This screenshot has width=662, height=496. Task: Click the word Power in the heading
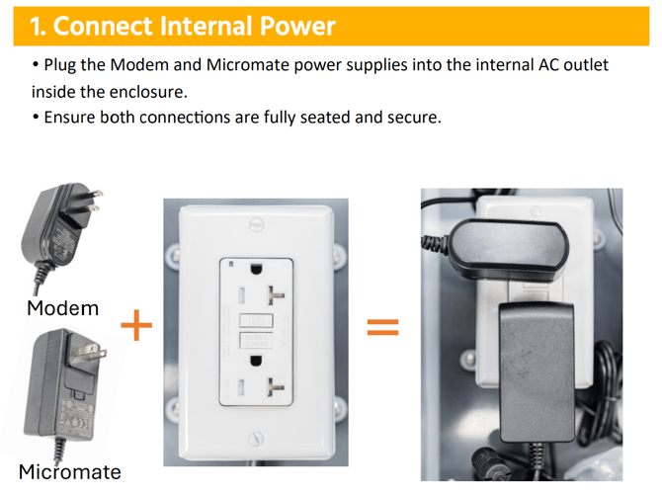[297, 26]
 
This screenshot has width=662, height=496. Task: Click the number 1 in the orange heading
[35, 26]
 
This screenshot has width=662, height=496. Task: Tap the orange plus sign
[136, 325]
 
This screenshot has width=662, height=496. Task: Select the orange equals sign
[382, 327]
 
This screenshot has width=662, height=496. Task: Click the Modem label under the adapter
[63, 308]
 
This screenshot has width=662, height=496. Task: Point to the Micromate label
[70, 471]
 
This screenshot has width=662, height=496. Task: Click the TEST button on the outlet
[256, 320]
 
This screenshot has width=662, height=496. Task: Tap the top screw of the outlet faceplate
[256, 224]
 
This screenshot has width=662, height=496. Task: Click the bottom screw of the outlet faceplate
[256, 439]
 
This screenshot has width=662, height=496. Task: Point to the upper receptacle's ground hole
[256, 269]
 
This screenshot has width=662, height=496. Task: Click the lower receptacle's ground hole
[256, 362]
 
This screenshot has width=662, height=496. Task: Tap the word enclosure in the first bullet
[147, 92]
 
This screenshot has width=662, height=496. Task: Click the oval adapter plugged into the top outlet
[508, 250]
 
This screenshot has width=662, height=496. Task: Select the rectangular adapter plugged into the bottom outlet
[538, 372]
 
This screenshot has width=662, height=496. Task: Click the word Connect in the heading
[103, 26]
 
